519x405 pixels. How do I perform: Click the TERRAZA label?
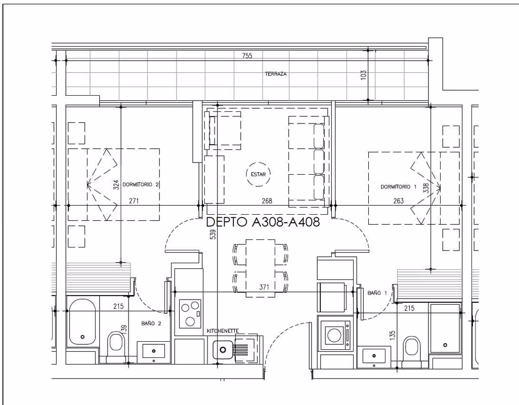tap(275, 74)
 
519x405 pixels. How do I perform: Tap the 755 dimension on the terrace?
tap(247, 56)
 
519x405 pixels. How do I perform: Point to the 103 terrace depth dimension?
tap(363, 74)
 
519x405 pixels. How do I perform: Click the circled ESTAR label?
tap(258, 174)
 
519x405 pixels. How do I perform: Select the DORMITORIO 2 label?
tap(141, 184)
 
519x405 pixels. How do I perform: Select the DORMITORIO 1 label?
tap(398, 187)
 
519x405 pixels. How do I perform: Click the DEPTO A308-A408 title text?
tap(263, 222)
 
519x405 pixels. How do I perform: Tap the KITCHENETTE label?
tap(223, 331)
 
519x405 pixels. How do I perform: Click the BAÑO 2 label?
tap(151, 323)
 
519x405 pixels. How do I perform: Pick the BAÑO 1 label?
tap(377, 293)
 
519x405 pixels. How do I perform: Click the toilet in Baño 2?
tap(116, 342)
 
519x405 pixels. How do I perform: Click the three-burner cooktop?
tap(190, 313)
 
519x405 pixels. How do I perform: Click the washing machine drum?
tap(334, 335)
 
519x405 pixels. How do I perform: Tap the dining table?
tap(260, 268)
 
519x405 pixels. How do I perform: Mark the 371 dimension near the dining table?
tap(264, 287)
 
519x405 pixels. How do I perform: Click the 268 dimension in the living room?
tap(267, 200)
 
